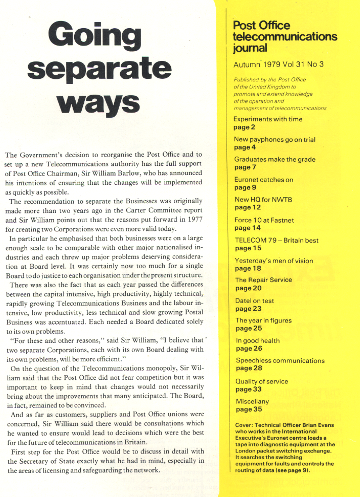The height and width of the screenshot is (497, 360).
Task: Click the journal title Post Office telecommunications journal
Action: (x=284, y=37)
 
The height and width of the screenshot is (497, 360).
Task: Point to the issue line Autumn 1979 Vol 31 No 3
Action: (x=279, y=64)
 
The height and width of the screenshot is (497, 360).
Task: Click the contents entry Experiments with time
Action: (x=268, y=119)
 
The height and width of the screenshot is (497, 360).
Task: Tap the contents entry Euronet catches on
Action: (x=263, y=180)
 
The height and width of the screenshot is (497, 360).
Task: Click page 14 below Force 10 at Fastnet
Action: (x=247, y=227)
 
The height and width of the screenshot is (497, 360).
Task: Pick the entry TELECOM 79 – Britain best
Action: (x=277, y=240)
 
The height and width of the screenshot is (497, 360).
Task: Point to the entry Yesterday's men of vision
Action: (x=274, y=261)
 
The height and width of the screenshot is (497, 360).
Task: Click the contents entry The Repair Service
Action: (x=263, y=280)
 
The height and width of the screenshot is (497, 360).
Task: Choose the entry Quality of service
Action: (x=261, y=381)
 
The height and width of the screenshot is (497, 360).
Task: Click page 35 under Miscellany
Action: (x=247, y=409)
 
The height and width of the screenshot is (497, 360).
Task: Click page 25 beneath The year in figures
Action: (x=247, y=328)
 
